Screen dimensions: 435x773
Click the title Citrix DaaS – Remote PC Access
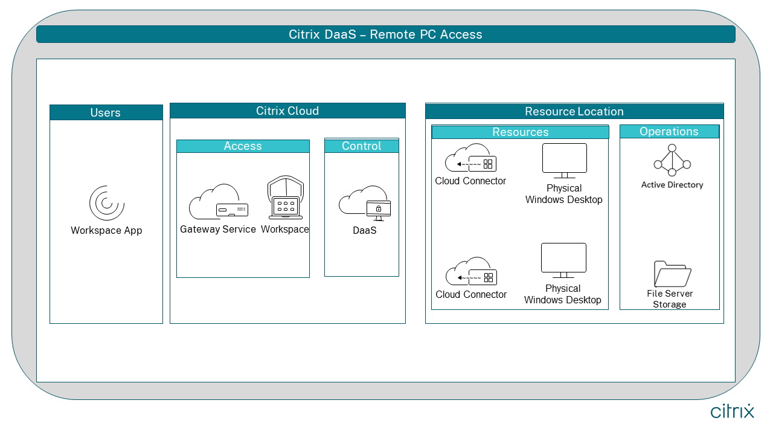(385, 34)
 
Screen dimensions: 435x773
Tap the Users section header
(106, 112)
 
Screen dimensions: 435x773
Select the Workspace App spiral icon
(107, 203)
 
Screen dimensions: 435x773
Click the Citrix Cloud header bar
(287, 111)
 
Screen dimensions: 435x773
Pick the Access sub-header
(243, 146)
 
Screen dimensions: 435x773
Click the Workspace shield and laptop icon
(285, 199)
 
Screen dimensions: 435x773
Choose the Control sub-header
(362, 146)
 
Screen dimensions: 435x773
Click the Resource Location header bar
(574, 111)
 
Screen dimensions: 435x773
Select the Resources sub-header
(521, 132)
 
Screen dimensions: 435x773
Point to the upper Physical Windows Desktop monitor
(564, 160)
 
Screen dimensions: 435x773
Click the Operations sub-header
(669, 132)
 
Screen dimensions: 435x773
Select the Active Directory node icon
(672, 159)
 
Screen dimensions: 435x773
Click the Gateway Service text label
(218, 230)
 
